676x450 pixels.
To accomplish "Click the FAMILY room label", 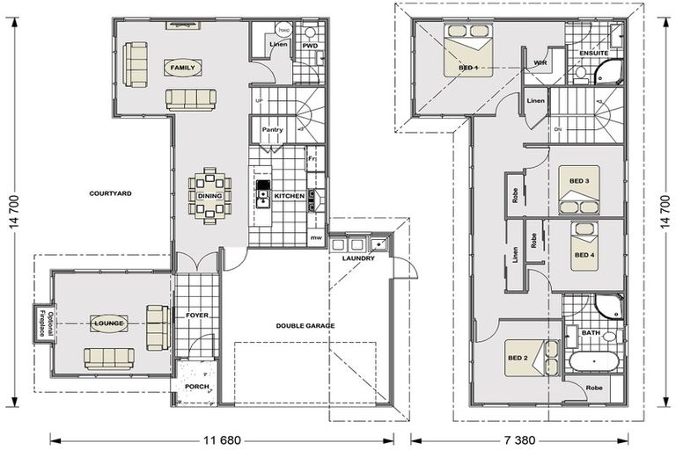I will (x=183, y=68).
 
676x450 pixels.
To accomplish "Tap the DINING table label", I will (x=209, y=196).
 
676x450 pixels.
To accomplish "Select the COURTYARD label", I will (x=111, y=193).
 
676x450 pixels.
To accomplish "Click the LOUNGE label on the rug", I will (x=110, y=323).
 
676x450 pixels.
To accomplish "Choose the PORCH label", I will (x=195, y=385).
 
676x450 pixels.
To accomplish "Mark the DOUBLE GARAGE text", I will (x=305, y=325).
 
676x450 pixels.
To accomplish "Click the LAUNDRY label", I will (x=358, y=258).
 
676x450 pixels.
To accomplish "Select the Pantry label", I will (x=272, y=129).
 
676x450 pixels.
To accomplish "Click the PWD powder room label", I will (x=310, y=45).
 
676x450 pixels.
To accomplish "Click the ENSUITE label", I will (x=594, y=54).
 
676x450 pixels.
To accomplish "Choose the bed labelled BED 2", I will (x=525, y=357).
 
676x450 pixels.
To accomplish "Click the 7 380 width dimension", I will (x=525, y=437).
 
